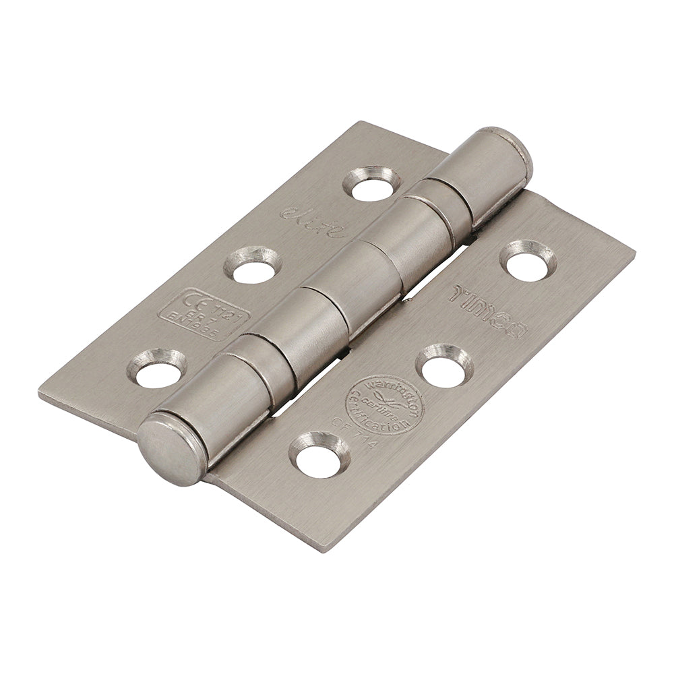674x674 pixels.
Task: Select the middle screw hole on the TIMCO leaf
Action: tap(443, 366)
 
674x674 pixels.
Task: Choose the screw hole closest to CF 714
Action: tap(319, 456)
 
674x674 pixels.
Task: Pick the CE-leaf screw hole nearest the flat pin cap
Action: tap(160, 369)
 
